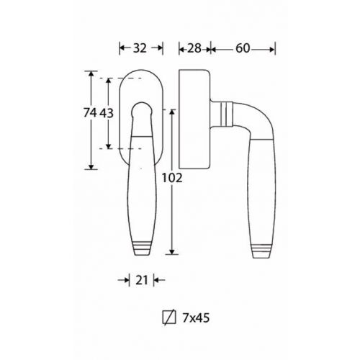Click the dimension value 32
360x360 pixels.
(x=140, y=48)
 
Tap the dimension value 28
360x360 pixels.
(x=194, y=48)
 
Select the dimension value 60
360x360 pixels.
(x=243, y=48)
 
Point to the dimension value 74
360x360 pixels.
(x=90, y=112)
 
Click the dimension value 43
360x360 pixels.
(x=107, y=113)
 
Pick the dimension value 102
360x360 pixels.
(x=172, y=178)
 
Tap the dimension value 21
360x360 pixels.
(x=142, y=280)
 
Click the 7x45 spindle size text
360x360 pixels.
(x=196, y=318)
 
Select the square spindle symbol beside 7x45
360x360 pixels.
(x=169, y=318)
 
